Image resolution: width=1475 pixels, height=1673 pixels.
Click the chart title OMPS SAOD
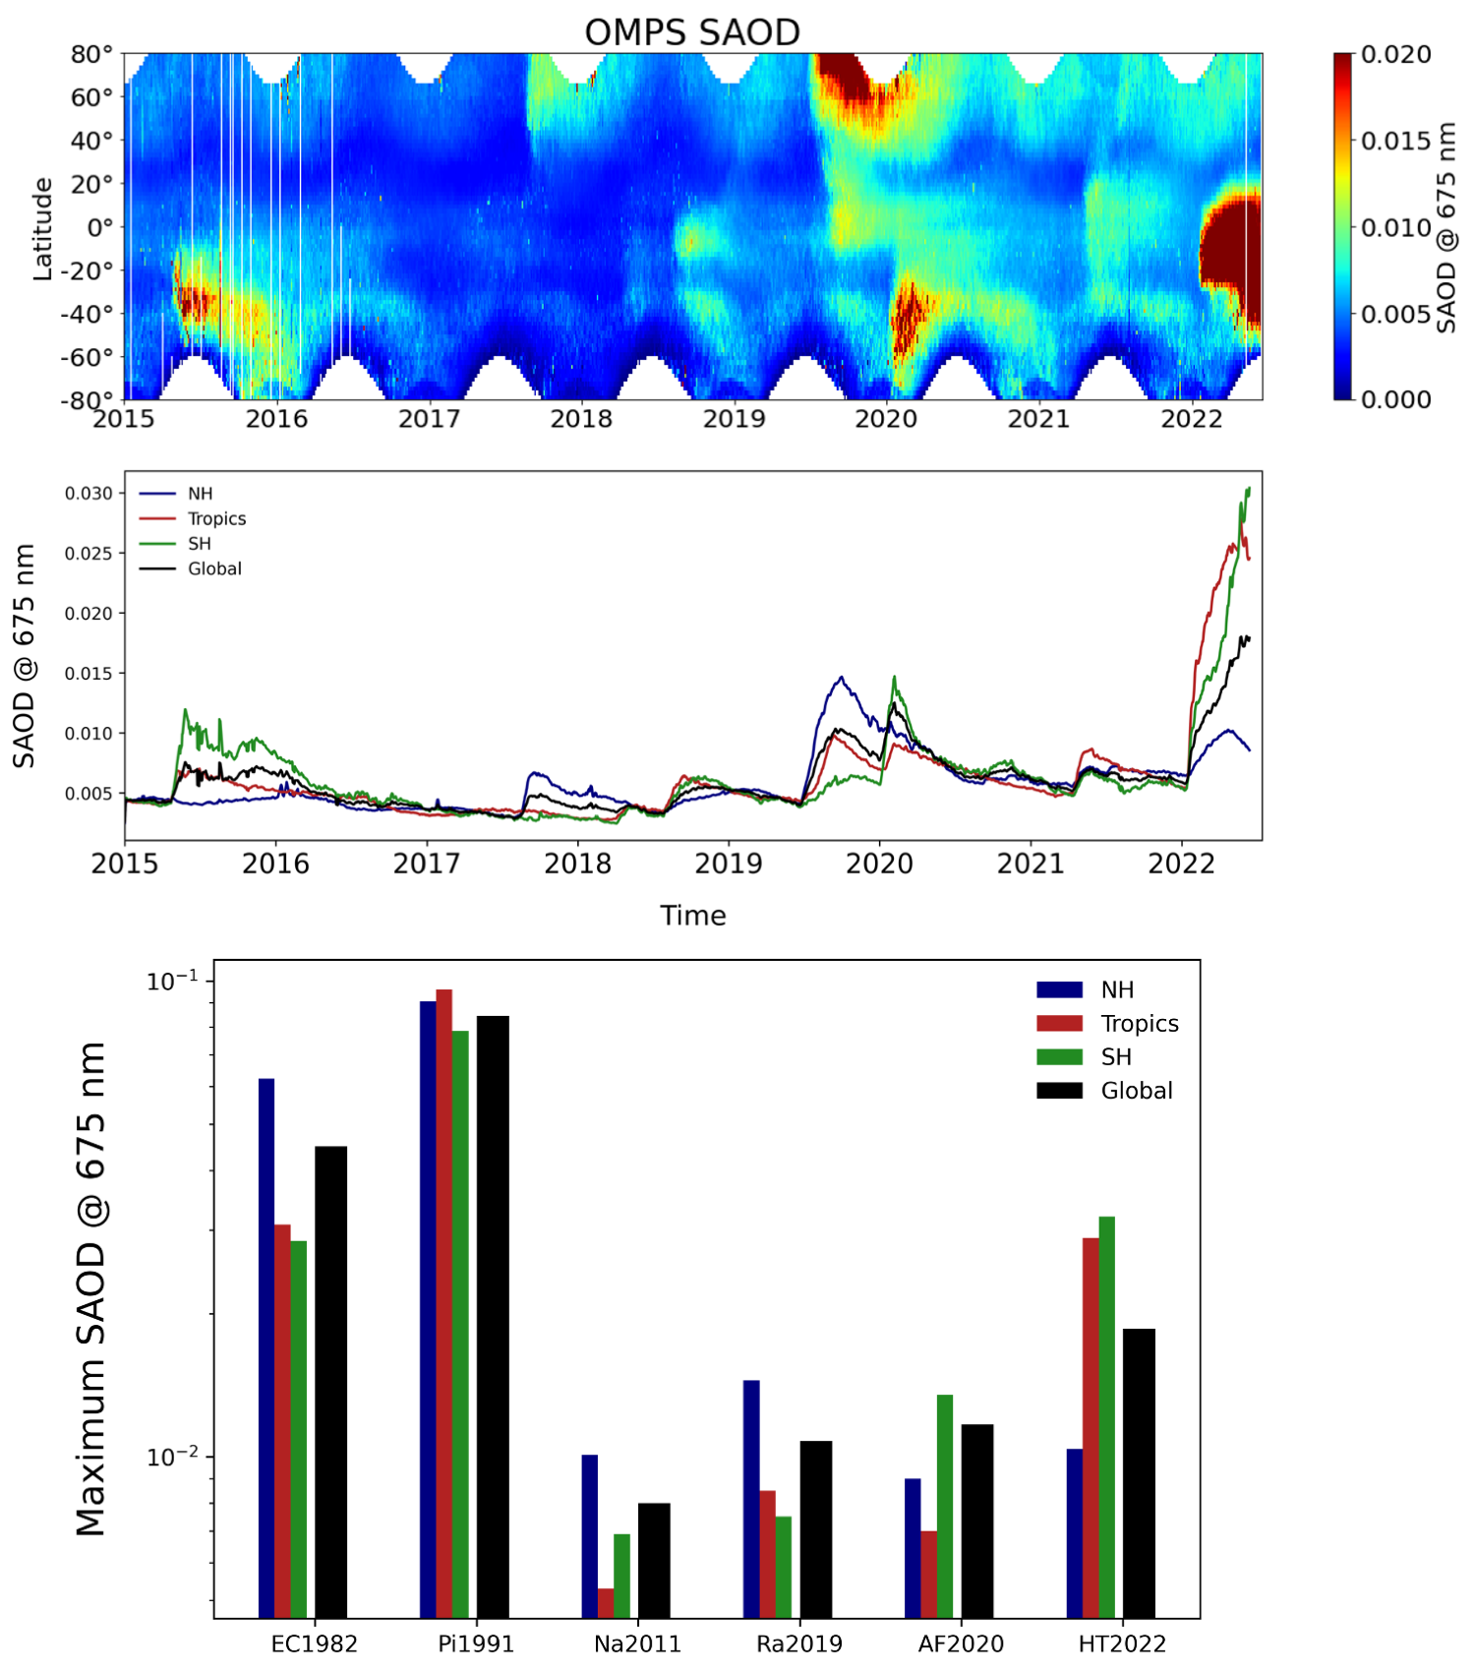click(692, 32)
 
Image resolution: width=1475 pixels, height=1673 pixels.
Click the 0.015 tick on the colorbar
click(1395, 141)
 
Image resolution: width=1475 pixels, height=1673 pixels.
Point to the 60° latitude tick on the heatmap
click(92, 97)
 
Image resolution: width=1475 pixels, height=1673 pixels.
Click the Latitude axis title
click(42, 228)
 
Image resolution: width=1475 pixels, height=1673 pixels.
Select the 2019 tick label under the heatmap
click(734, 419)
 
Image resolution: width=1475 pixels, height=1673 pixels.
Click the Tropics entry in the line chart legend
click(216, 518)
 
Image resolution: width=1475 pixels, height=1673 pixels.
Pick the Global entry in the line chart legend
click(214, 568)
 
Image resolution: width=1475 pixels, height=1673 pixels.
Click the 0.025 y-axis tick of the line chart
click(88, 554)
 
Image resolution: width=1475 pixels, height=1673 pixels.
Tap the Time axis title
click(692, 916)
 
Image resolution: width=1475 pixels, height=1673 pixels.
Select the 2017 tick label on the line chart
click(426, 864)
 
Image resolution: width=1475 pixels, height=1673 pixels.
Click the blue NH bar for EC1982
click(266, 1347)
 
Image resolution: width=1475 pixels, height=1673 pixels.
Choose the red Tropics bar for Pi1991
click(444, 1303)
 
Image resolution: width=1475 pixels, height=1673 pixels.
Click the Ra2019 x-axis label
click(798, 1643)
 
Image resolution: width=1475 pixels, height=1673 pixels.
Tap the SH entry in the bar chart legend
click(1115, 1057)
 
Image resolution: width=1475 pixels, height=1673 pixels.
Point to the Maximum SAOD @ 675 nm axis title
click(91, 1288)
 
